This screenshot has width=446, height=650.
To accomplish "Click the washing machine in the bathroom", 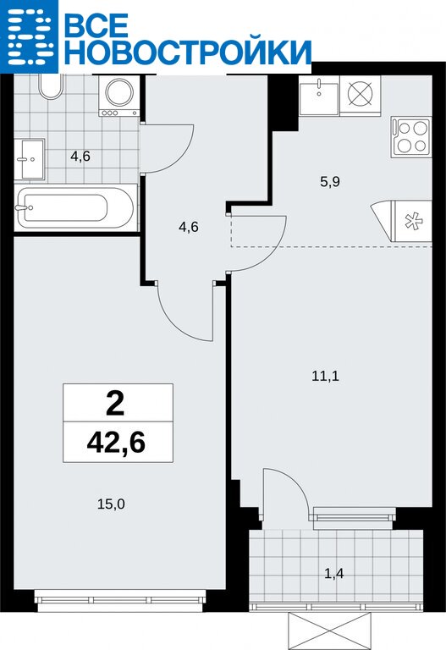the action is [x=119, y=96].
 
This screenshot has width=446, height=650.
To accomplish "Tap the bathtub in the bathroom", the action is [x=76, y=207].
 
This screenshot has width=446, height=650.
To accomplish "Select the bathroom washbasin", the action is [x=30, y=159].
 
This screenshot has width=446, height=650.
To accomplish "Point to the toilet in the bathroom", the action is [x=51, y=86].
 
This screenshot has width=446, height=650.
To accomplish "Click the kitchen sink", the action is [x=319, y=96].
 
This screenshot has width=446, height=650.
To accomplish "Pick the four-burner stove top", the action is [x=411, y=137].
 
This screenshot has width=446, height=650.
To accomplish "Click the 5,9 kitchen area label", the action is [x=330, y=182].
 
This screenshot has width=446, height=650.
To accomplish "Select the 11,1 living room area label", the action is [x=325, y=376].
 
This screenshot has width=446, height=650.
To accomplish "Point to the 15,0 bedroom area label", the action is [x=111, y=504].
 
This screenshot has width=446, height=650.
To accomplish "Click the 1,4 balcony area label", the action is [x=334, y=574].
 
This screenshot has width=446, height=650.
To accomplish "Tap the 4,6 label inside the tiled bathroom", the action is [x=80, y=157].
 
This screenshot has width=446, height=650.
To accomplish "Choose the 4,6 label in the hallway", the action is [x=188, y=227].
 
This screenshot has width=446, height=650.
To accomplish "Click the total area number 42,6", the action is [x=116, y=443].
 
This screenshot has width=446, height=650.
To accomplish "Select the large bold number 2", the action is [x=115, y=405].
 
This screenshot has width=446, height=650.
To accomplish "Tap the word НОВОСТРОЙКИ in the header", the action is [x=187, y=52].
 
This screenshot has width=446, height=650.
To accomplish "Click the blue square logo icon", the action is [x=29, y=36].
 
